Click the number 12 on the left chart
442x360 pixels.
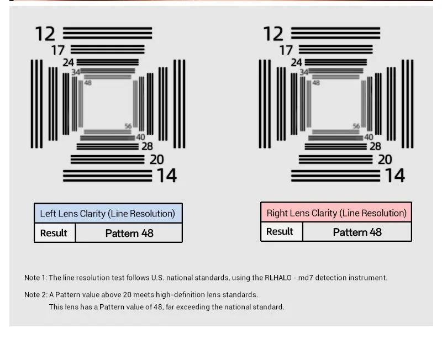coord(45,34)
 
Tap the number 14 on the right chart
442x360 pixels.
coord(394,176)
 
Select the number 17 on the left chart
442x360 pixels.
coord(58,50)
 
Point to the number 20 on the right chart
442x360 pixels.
coord(385,160)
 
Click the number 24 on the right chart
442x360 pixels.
coord(296,62)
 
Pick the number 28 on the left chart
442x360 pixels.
coord(147,146)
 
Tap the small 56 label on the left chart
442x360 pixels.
coord(128,126)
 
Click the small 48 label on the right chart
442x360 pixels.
coord(316,83)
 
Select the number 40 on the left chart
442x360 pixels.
coord(141,137)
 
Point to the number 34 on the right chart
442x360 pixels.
coord(304,72)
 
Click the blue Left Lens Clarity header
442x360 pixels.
coord(108,213)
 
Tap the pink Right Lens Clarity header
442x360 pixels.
coord(336,213)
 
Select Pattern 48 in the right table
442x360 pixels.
coord(357,232)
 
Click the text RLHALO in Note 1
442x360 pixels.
coord(278,278)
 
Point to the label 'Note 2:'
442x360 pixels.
coord(36,295)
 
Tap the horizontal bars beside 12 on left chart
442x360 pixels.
coord(107,33)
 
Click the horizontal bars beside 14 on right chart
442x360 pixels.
coord(336,176)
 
